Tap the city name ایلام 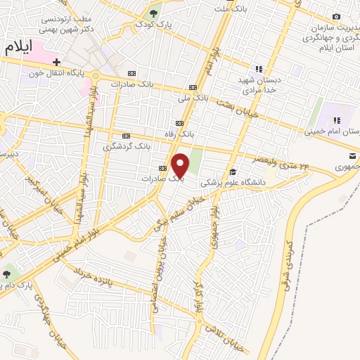click(20, 48)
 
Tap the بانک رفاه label click(197, 132)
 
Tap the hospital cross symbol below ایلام click(56, 62)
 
